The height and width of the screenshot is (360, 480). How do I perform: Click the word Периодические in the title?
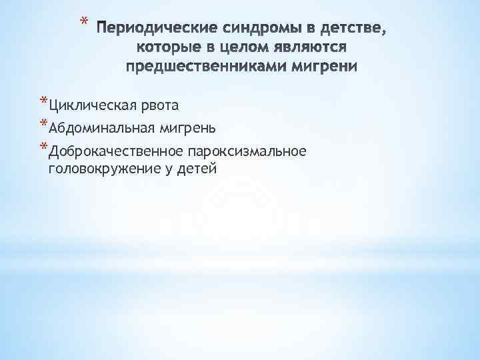(155, 30)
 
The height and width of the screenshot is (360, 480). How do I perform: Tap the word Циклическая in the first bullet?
(91, 105)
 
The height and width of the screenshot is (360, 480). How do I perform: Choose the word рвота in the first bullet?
(161, 105)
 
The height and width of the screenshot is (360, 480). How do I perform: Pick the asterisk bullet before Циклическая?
(44, 102)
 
